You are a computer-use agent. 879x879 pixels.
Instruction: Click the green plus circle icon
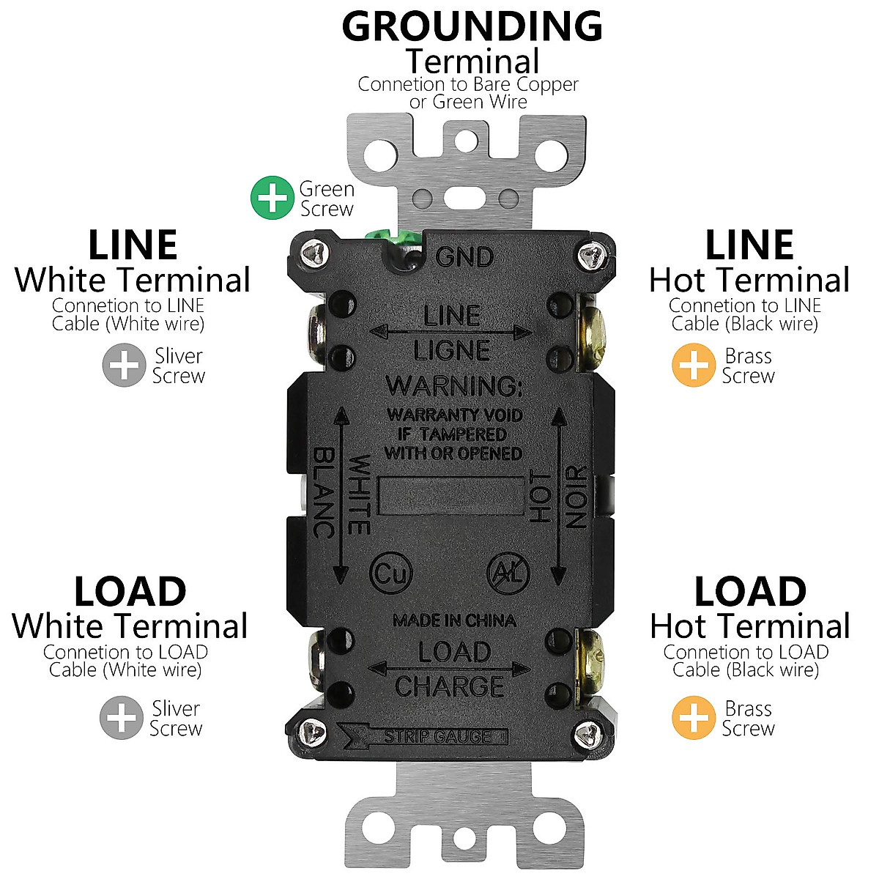point(272,198)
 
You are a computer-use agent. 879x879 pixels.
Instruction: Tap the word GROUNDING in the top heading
point(472,26)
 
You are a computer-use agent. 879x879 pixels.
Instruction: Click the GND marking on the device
point(464,257)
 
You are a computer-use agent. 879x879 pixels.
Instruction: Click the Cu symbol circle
point(391,574)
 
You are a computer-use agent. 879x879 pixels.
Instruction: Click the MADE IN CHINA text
point(454,621)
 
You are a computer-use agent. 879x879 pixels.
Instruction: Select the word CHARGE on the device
point(450,686)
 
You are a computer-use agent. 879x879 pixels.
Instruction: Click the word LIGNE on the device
point(452,351)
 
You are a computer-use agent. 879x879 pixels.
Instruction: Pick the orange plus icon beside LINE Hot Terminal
point(693,365)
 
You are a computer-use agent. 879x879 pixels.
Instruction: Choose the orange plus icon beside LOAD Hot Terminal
point(693,718)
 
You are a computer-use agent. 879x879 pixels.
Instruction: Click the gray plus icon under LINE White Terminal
point(124,365)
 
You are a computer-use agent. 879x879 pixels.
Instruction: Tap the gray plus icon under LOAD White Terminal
point(122,718)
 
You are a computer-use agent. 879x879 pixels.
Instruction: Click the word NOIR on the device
point(577,497)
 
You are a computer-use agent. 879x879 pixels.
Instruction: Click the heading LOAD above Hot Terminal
point(749,592)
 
